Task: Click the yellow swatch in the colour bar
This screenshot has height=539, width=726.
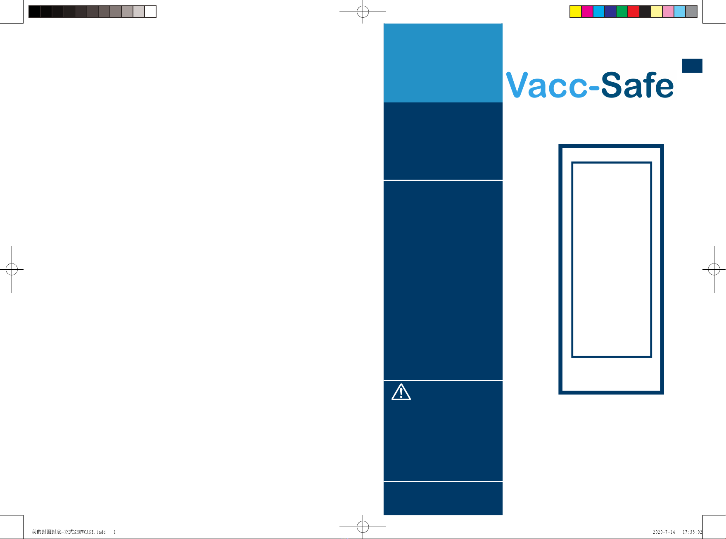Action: [576, 12]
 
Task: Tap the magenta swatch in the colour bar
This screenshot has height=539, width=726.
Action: [587, 12]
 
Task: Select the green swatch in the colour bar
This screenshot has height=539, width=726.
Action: [622, 12]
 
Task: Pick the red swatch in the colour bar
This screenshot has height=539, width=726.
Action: [633, 12]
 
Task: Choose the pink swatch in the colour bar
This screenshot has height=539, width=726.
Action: [668, 12]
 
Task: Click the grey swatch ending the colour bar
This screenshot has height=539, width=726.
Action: [691, 12]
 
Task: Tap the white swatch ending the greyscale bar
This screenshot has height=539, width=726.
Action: [150, 12]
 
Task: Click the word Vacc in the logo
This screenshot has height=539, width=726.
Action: [547, 85]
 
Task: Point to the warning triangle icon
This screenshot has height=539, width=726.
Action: [401, 392]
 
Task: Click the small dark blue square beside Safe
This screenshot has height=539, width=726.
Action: [692, 66]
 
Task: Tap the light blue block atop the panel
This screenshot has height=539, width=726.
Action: [443, 63]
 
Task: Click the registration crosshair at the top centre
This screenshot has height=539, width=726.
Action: [363, 12]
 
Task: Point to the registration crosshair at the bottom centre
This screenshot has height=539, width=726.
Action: [363, 527]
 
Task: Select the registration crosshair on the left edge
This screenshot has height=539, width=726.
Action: [12, 269]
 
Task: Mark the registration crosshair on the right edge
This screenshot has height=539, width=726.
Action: [714, 269]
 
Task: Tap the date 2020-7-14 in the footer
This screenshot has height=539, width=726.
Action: [664, 532]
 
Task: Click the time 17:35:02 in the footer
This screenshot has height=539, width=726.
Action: [692, 532]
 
